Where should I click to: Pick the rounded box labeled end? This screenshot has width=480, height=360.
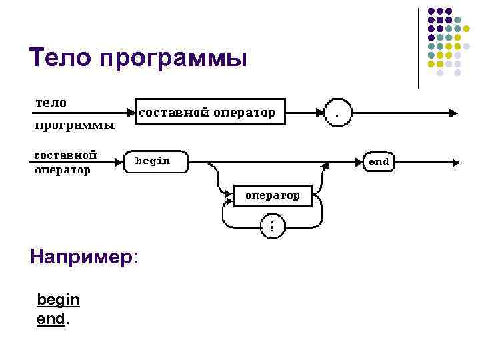coord(378,161)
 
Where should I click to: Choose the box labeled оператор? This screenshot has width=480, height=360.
coord(273,196)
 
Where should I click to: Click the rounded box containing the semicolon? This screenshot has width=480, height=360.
coord(271,225)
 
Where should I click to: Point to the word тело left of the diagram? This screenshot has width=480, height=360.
coord(51,103)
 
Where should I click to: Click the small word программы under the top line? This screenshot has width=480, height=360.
coord(74,125)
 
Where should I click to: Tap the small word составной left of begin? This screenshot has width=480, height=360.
coord(65,155)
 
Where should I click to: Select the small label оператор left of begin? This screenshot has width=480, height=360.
coord(62,170)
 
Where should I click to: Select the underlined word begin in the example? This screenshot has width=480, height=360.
coord(58,300)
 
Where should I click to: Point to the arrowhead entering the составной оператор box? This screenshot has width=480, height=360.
coord(131,113)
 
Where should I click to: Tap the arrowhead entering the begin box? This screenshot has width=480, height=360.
coord(120,161)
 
